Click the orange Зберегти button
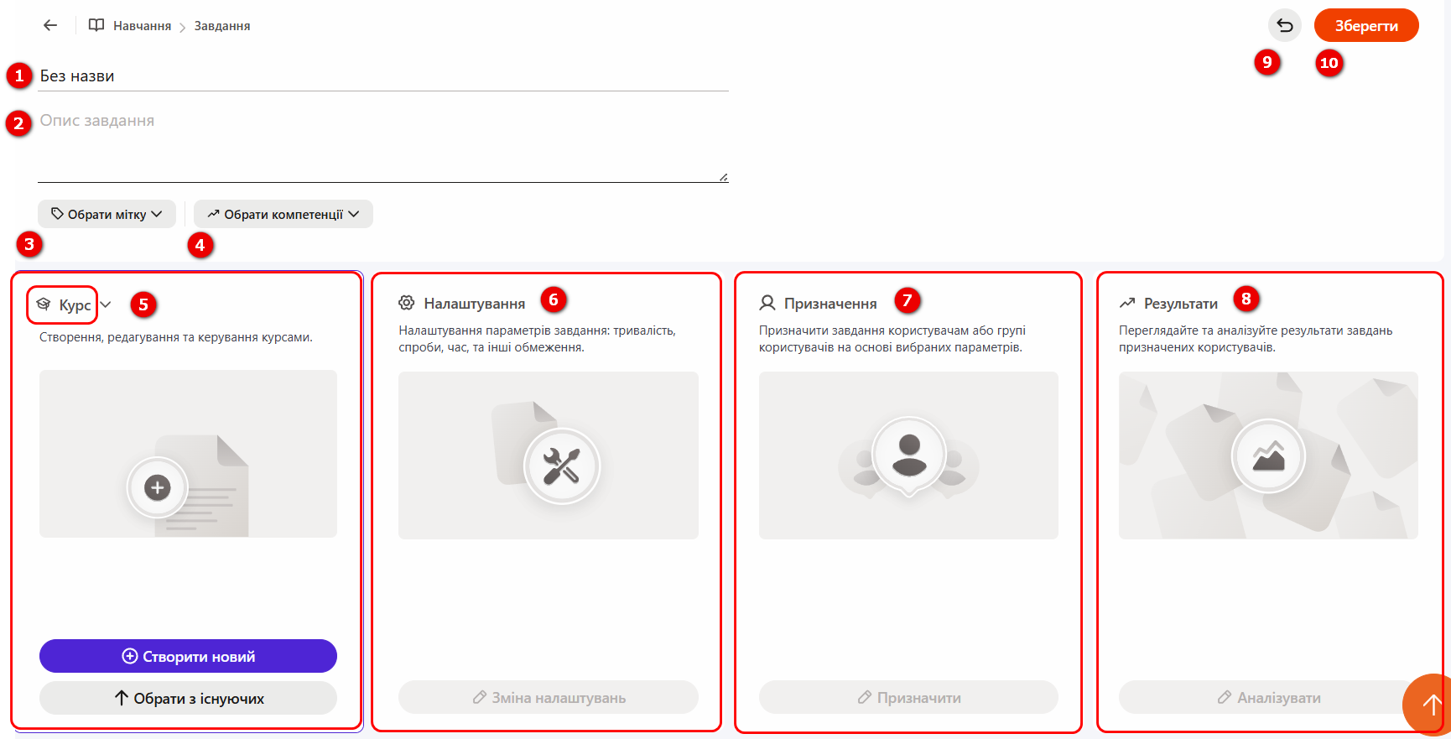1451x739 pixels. [x=1366, y=25]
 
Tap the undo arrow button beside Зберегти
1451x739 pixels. [x=1285, y=25]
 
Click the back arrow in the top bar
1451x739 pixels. [x=50, y=25]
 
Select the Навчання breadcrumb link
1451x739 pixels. [x=142, y=26]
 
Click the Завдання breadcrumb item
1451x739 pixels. [x=222, y=26]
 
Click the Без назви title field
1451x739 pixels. [x=382, y=76]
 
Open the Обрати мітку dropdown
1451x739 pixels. [x=107, y=214]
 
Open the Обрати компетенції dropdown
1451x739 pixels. [x=283, y=214]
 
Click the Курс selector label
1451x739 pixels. [x=75, y=305]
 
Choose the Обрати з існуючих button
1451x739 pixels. [x=188, y=698]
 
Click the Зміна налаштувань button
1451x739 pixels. [x=549, y=697]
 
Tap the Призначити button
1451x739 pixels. [x=908, y=697]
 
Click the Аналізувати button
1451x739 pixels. [x=1268, y=697]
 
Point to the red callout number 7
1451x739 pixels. [x=907, y=300]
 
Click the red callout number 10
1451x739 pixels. [x=1329, y=63]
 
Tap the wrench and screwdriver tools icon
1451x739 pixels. [x=561, y=466]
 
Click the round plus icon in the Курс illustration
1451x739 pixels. [x=158, y=487]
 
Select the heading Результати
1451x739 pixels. [x=1181, y=304]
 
